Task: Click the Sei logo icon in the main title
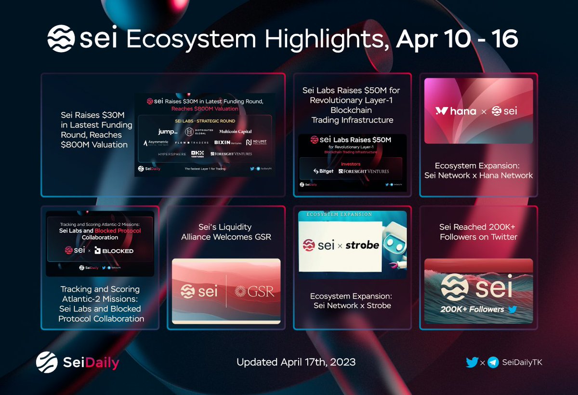coord(61,39)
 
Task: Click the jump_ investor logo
coord(168,132)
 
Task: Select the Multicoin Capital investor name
coord(235,131)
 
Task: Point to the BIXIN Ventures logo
coord(228,143)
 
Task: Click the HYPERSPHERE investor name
coord(172,154)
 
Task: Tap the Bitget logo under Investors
coord(323,171)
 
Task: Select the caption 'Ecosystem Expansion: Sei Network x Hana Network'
coord(478,170)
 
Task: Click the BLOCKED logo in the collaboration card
coord(114,250)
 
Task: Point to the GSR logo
coord(249,291)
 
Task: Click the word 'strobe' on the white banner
coord(361,245)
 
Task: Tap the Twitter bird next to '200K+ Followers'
coord(512,309)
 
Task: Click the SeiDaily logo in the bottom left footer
coord(78,362)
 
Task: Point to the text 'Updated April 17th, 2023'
coord(296,362)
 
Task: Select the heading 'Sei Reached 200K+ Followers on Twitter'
coord(478,232)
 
